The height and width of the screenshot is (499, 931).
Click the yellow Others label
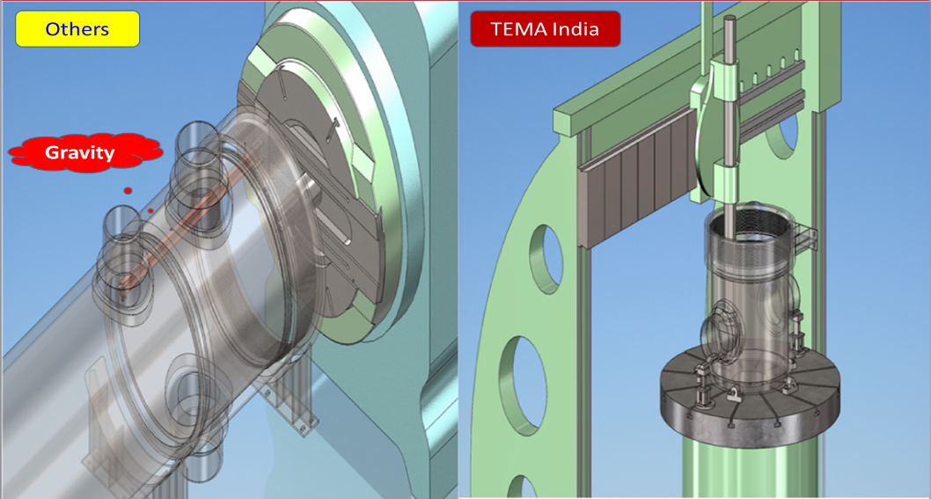pos(77,29)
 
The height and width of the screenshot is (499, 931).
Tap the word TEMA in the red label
pos(516,29)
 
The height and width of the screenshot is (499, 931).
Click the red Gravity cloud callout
pos(85,152)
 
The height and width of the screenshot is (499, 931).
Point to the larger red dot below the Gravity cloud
pos(128,191)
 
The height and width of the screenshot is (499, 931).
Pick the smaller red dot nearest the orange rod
pos(150,210)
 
